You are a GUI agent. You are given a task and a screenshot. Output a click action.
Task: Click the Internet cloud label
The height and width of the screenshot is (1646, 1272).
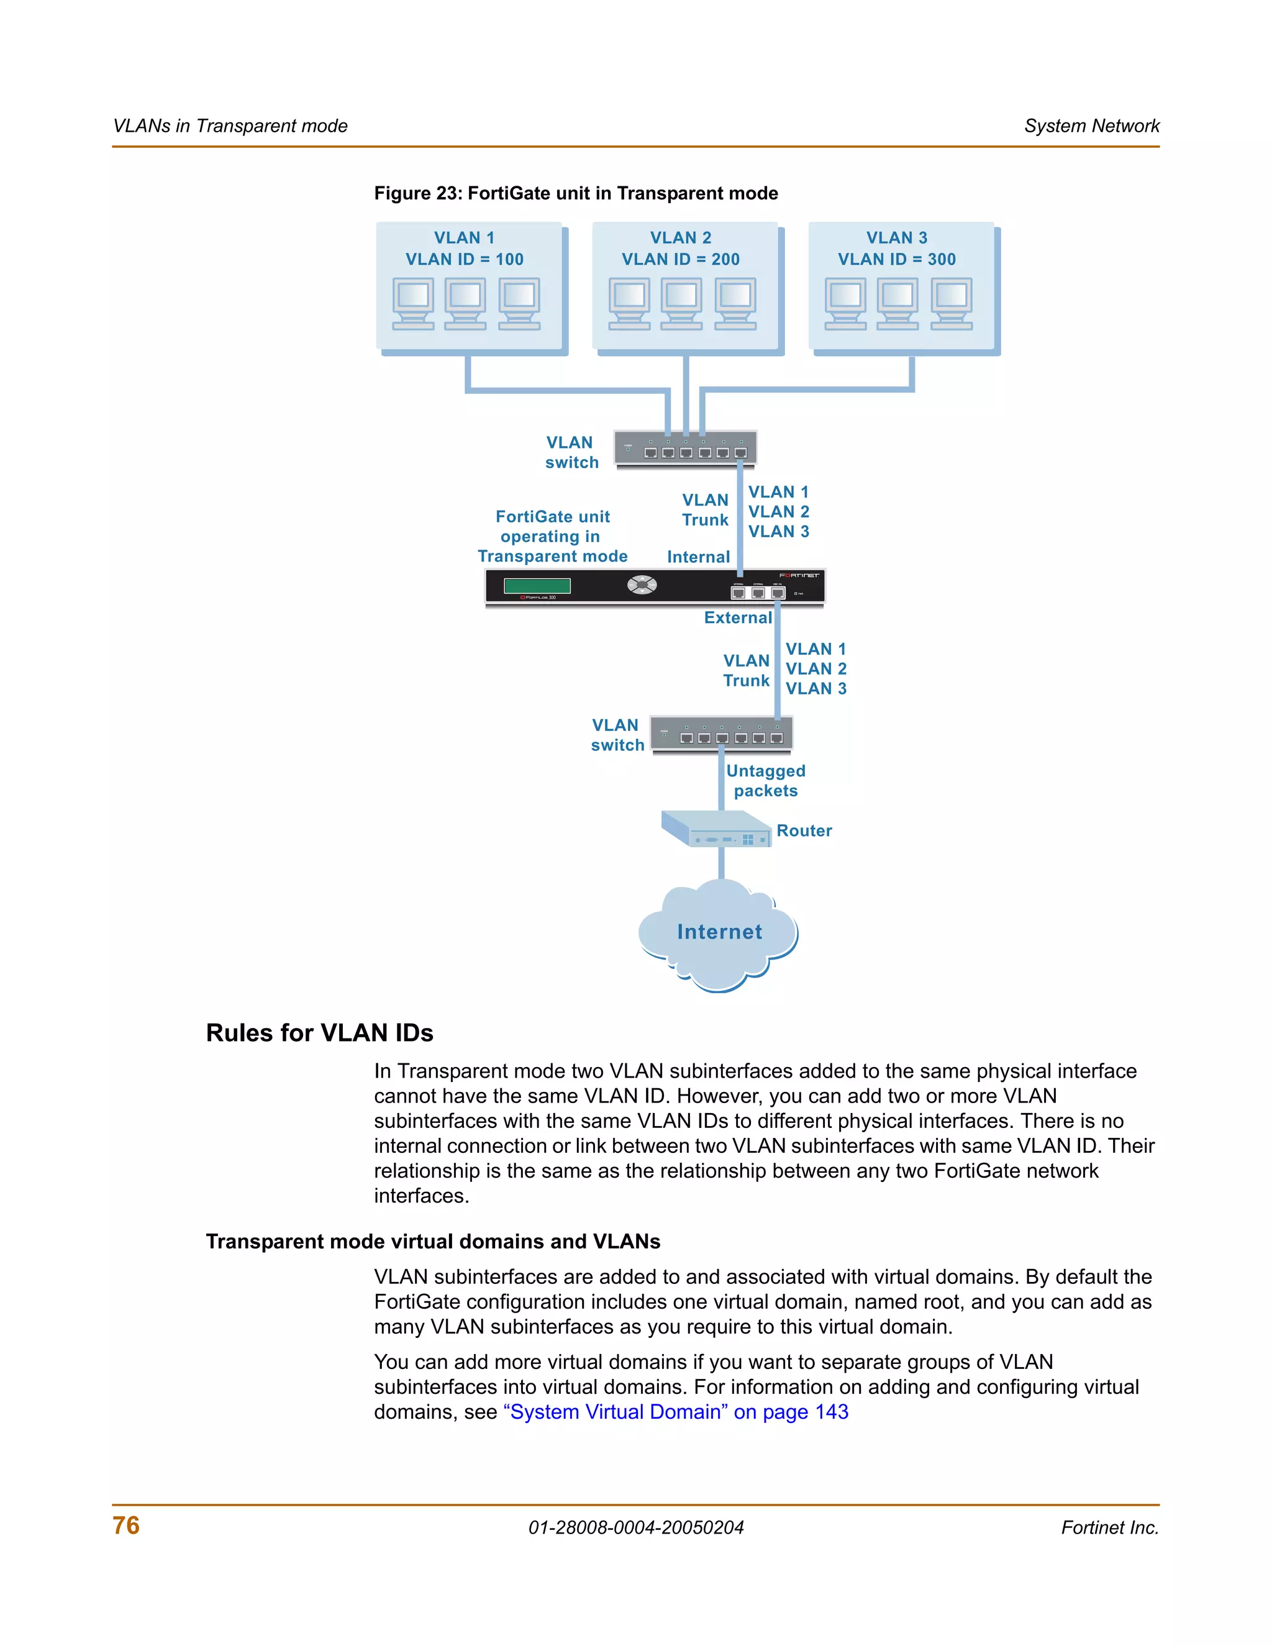point(719,932)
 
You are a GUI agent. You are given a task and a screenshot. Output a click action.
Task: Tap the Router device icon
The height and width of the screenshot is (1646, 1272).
point(716,829)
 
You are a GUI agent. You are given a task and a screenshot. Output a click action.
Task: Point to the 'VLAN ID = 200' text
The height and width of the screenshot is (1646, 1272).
point(681,259)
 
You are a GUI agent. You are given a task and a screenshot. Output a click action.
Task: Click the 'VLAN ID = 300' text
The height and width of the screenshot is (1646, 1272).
point(897,259)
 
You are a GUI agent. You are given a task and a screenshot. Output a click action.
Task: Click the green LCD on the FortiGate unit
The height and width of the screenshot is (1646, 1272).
point(537,586)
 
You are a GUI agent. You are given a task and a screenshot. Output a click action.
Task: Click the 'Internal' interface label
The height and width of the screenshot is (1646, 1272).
point(697,557)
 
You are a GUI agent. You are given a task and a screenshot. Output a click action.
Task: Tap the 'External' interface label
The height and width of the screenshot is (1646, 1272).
point(738,618)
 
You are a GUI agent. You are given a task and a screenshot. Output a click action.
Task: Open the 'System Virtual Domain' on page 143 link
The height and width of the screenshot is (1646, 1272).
point(675,1412)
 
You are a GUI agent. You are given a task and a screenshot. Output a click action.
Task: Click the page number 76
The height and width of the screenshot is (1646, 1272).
point(126,1526)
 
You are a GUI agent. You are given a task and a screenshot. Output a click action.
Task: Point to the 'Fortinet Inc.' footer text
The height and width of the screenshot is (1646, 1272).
point(1109,1528)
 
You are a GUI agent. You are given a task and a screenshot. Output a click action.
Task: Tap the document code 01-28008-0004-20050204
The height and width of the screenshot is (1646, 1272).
point(636,1528)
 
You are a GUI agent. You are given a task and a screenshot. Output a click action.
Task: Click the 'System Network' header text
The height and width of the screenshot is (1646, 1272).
point(1091,126)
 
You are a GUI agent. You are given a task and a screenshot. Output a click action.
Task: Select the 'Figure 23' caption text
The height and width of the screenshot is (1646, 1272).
point(576,194)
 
